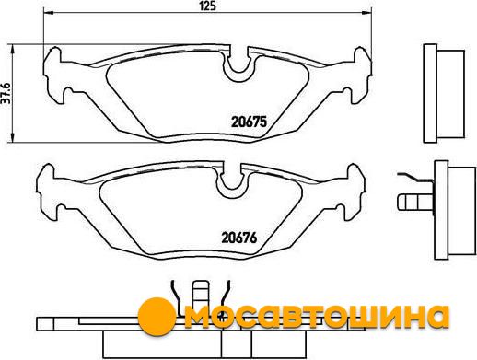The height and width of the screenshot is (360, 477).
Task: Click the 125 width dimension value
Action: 208,6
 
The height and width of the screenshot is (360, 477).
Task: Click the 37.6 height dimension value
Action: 6,93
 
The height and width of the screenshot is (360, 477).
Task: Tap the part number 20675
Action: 249,122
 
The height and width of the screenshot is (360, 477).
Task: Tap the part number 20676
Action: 239,238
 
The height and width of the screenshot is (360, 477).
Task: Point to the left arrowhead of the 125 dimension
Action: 49,13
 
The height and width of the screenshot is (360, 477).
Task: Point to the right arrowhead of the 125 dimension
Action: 367,13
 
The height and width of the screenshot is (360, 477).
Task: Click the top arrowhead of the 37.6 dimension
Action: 12,49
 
